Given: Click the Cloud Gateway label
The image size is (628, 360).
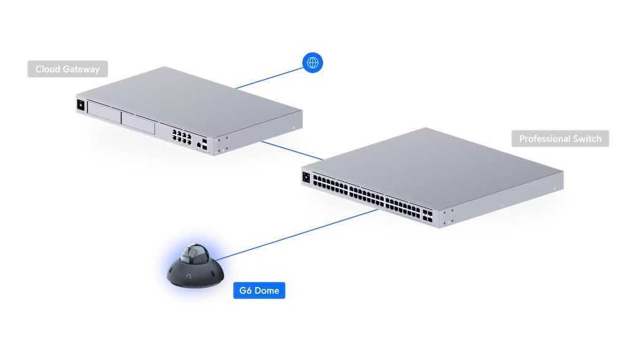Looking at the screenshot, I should click(x=67, y=69).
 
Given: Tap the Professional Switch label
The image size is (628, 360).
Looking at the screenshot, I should click(x=560, y=139).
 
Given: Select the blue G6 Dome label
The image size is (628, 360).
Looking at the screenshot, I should click(x=259, y=290).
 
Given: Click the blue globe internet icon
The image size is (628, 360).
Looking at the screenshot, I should click(x=313, y=62).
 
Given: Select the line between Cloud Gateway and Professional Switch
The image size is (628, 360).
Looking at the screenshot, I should click(x=291, y=150).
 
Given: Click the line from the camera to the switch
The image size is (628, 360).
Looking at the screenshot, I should click(x=294, y=234).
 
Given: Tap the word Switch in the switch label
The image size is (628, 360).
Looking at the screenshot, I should click(x=586, y=139).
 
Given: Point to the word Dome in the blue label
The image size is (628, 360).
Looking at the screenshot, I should click(x=267, y=290).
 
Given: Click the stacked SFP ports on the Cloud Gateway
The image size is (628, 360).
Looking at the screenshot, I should click(x=205, y=144).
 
